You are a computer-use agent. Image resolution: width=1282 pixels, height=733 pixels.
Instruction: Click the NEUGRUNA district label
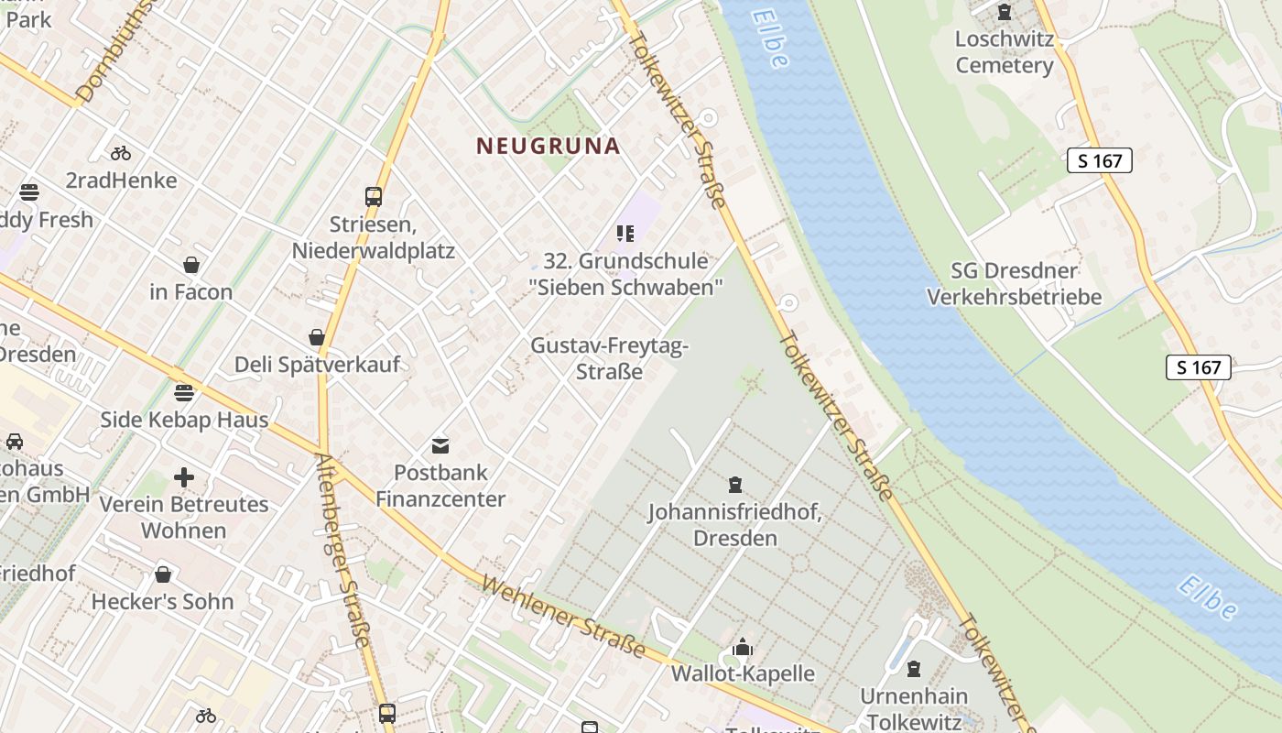click(x=549, y=146)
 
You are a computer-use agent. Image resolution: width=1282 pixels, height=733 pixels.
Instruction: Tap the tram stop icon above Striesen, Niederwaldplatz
click(x=373, y=196)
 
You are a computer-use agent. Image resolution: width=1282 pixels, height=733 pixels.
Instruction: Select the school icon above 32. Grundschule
click(x=625, y=234)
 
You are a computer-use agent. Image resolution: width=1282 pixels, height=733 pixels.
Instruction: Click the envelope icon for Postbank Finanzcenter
click(x=440, y=446)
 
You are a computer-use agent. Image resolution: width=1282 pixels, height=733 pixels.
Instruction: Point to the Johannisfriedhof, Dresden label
click(x=734, y=525)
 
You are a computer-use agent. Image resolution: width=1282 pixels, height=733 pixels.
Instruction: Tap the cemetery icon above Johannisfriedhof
click(x=734, y=485)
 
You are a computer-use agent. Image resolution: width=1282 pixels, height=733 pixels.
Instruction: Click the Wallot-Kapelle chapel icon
click(x=743, y=648)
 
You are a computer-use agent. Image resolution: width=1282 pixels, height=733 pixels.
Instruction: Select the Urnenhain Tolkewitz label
click(x=914, y=709)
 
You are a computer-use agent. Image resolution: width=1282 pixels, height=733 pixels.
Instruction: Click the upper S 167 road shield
click(x=1100, y=161)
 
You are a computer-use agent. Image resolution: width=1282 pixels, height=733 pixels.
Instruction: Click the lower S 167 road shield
click(x=1199, y=367)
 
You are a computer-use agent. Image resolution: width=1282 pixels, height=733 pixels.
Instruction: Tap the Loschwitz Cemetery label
click(x=1005, y=52)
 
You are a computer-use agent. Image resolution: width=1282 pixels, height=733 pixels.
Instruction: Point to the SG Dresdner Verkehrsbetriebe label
click(x=1014, y=284)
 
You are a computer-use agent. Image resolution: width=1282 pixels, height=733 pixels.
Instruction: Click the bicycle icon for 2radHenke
click(x=121, y=153)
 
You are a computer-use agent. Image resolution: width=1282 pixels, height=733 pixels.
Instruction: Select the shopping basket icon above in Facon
click(x=191, y=266)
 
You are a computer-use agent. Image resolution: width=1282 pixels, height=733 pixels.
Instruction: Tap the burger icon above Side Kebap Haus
click(x=184, y=393)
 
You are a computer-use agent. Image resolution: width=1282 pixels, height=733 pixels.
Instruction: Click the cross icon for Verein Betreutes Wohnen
click(x=184, y=477)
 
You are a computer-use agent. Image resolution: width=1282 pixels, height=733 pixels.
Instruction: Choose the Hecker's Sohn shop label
click(x=162, y=602)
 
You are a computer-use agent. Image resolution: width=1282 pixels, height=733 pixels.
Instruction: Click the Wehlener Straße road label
click(x=562, y=618)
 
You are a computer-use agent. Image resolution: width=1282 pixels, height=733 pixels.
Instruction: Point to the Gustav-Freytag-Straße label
click(x=609, y=359)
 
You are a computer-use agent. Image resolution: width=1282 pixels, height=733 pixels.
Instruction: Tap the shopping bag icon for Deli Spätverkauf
click(x=317, y=338)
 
